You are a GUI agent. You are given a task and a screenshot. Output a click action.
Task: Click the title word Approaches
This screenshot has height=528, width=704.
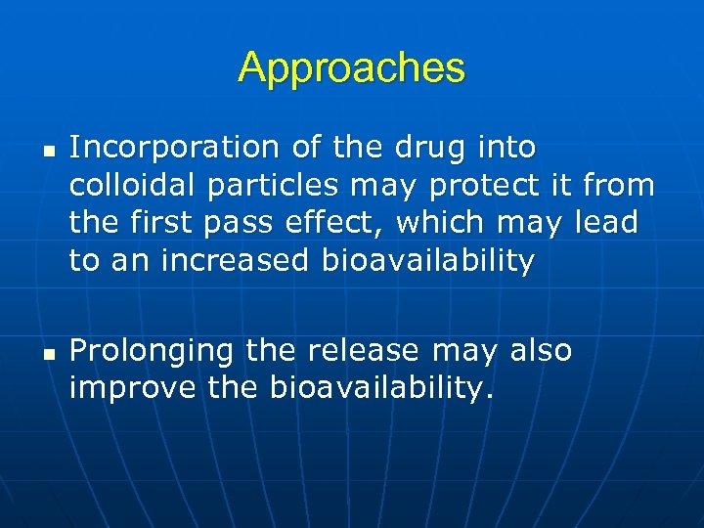pyautogui.click(x=351, y=67)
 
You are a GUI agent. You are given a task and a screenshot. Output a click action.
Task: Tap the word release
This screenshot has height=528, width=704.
pyautogui.click(x=362, y=350)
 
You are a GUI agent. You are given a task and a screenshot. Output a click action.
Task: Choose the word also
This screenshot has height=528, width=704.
pyautogui.click(x=538, y=350)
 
